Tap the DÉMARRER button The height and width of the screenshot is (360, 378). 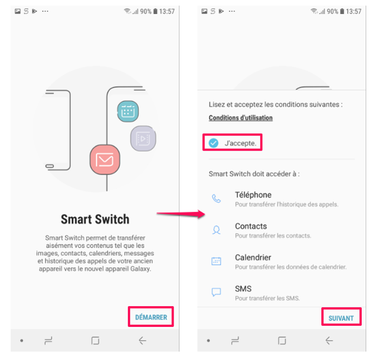tap(151, 317)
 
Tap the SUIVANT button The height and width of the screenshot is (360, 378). tap(341, 318)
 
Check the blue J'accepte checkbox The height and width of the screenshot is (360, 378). tap(213, 143)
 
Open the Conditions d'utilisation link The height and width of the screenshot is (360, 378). tap(240, 118)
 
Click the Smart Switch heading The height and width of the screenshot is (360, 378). tap(95, 219)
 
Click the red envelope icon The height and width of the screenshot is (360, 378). tap(105, 160)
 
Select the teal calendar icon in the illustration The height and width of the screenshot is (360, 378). tap(127, 111)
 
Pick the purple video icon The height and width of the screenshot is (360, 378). tap(143, 138)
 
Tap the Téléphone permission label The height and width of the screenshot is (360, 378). tap(253, 195)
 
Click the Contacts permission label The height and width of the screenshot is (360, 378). tap(251, 226)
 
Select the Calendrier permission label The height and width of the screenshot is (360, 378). tap(253, 258)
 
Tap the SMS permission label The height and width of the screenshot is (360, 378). tap(243, 289)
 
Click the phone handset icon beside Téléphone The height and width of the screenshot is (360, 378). tap(216, 199)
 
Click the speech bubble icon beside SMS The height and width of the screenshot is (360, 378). tap(216, 293)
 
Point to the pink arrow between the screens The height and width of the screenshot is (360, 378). tap(179, 213)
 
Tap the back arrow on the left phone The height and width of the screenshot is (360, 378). tap(143, 340)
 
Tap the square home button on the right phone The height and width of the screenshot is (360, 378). tap(282, 340)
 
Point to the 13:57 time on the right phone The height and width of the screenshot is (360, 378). tap(354, 11)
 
